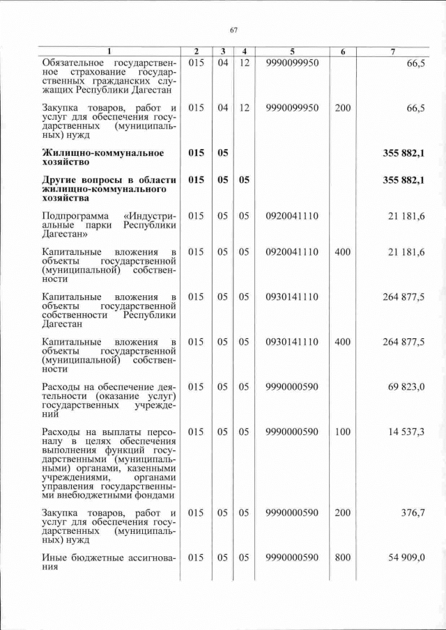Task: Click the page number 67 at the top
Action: tap(234, 29)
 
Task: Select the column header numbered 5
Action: tap(292, 52)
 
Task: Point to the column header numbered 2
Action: tap(197, 52)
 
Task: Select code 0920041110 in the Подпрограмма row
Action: tap(292, 216)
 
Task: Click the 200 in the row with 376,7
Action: tap(342, 513)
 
